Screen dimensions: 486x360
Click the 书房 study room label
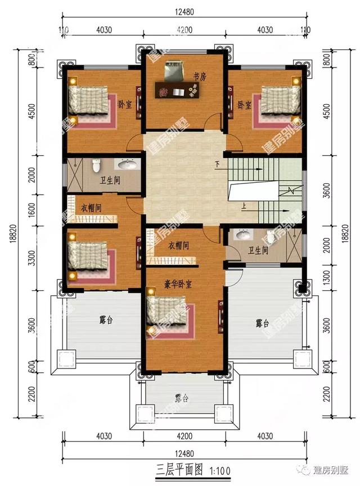pyautogui.click(x=199, y=77)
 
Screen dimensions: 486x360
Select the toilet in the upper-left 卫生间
pyautogui.click(x=96, y=165)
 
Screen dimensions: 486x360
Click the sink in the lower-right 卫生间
pyautogui.click(x=244, y=235)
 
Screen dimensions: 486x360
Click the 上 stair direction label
pyautogui.click(x=244, y=205)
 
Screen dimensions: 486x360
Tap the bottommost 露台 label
pyautogui.click(x=181, y=398)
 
